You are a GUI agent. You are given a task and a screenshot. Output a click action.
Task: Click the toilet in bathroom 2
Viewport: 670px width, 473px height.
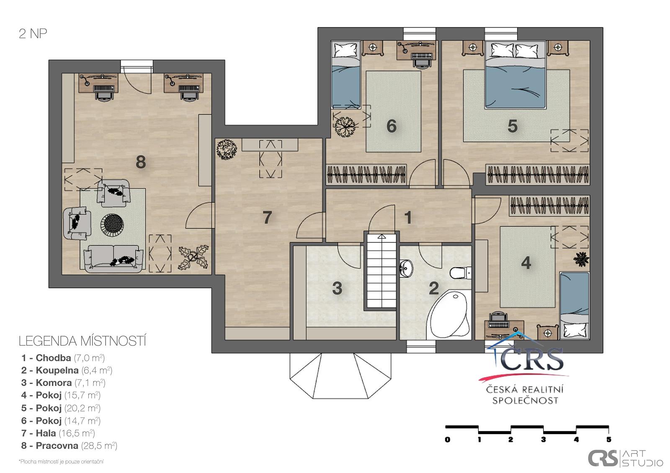(x=460, y=273)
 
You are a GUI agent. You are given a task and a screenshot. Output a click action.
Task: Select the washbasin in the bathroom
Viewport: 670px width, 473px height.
(x=406, y=268)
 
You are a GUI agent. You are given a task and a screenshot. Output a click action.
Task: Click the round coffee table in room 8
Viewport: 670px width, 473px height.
(x=112, y=225)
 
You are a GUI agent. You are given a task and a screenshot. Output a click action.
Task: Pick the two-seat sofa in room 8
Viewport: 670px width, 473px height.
(x=113, y=259)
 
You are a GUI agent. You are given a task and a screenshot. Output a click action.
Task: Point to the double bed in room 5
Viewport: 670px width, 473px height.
(x=515, y=75)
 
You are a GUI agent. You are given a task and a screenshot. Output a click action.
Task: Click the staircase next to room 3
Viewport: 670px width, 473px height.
(x=381, y=271)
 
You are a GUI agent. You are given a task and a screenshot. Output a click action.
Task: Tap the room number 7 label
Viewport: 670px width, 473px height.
(x=267, y=217)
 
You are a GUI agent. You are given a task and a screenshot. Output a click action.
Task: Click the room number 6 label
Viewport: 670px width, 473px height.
(x=391, y=126)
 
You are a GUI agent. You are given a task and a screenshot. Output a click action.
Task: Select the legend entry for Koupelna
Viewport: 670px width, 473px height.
(x=67, y=370)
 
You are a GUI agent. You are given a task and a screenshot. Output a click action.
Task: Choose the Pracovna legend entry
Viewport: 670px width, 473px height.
(x=69, y=445)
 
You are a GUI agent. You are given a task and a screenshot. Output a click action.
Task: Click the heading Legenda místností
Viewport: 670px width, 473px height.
(x=82, y=341)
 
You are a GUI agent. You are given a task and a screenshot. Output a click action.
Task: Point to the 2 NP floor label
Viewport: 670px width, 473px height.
(x=33, y=33)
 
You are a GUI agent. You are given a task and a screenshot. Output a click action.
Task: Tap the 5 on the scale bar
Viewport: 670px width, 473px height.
(x=609, y=440)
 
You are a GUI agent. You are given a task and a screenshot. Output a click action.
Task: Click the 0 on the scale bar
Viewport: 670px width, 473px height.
(x=448, y=440)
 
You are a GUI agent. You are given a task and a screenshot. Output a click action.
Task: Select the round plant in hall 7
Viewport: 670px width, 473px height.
(x=227, y=149)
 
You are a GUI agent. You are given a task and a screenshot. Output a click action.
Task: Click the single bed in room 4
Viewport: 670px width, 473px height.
(x=574, y=306)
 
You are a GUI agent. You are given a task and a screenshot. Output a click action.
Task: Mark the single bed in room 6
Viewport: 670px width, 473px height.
(x=346, y=75)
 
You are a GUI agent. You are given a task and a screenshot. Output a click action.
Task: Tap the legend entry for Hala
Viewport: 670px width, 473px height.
(x=58, y=433)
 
